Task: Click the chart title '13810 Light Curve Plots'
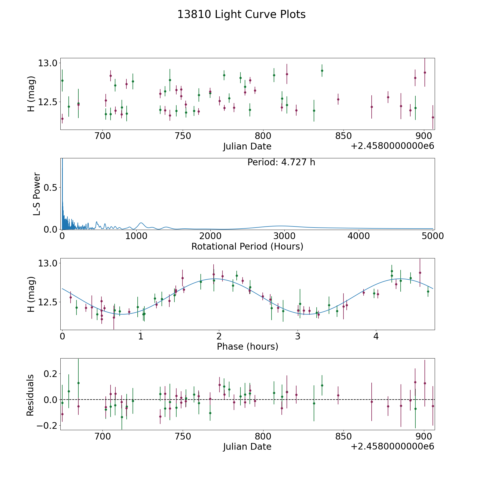[x=241, y=14]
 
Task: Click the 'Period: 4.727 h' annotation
[x=281, y=162]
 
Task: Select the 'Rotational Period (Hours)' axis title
[x=247, y=246]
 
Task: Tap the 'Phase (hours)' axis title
[x=247, y=346]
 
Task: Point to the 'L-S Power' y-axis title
[x=36, y=194]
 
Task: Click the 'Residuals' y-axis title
[x=30, y=395]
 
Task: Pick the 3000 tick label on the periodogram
[x=284, y=236]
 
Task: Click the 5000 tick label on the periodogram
[x=432, y=236]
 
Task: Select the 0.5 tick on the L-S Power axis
[x=50, y=187]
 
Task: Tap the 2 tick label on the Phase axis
[x=219, y=336]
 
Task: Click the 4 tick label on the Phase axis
[x=376, y=336]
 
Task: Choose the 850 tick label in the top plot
[x=343, y=136]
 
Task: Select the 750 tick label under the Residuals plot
[x=183, y=436]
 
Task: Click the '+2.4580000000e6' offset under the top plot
[x=392, y=146]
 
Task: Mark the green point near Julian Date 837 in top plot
[x=322, y=71]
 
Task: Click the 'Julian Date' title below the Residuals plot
[x=247, y=447]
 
